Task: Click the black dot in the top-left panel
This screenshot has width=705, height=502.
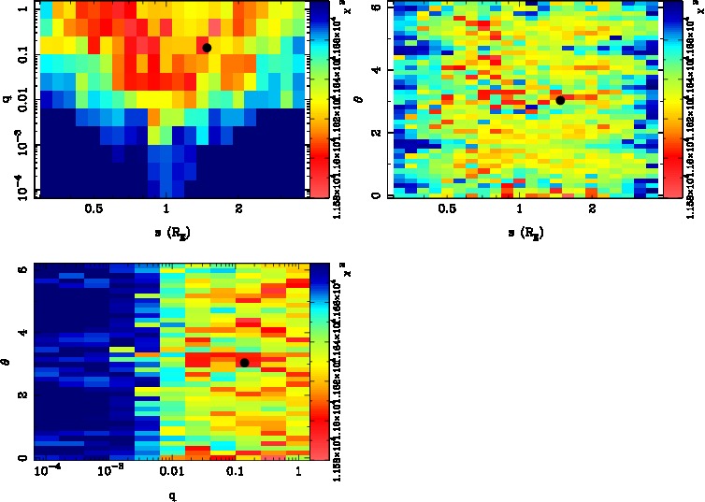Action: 207,47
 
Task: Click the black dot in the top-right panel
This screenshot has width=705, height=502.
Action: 560,100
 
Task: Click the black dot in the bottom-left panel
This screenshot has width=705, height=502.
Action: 244,363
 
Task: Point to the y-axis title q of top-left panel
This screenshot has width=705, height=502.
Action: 7,92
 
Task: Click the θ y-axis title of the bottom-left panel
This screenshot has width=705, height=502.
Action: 7,360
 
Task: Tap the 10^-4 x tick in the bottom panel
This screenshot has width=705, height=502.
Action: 48,472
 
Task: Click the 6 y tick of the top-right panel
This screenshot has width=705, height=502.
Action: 375,7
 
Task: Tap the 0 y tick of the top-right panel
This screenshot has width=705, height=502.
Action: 375,194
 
